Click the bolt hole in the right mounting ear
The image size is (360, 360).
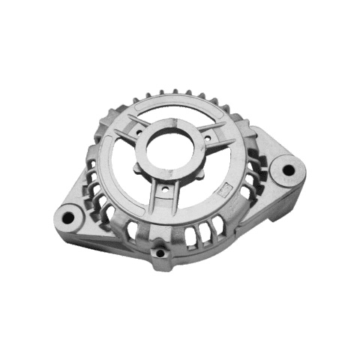pos(288,170)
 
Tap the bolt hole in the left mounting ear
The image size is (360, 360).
pos(68,218)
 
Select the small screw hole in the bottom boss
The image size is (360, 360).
pos(160,253)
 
